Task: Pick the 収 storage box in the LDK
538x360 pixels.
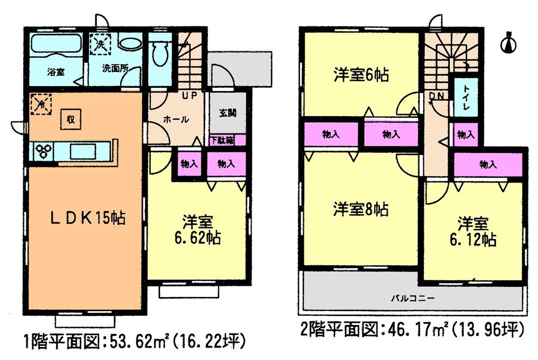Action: [71, 118]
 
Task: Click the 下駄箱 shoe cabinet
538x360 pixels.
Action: [221, 140]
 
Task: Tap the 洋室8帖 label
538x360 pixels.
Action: [360, 208]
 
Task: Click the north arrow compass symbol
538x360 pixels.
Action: [508, 44]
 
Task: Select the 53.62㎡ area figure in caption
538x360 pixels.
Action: [142, 341]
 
